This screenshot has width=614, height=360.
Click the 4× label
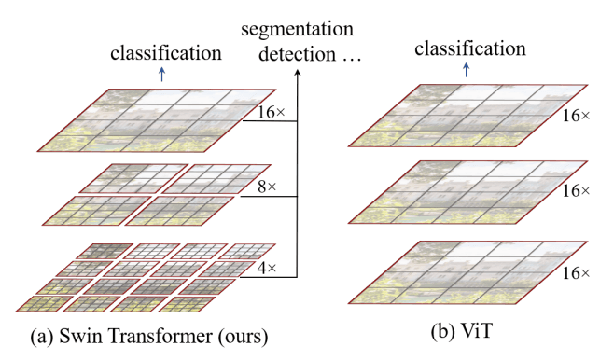pyautogui.click(x=266, y=267)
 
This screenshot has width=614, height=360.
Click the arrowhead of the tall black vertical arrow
pyautogui.click(x=298, y=77)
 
